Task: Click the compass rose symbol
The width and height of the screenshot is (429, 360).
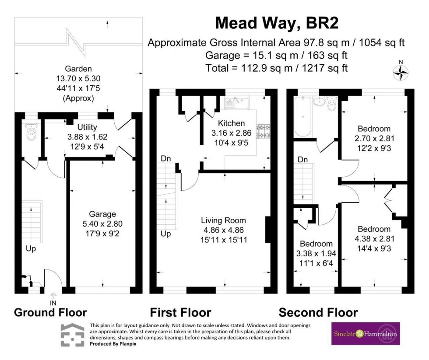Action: pyautogui.click(x=401, y=73)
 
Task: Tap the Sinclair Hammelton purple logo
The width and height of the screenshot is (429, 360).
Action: pyautogui.click(x=366, y=334)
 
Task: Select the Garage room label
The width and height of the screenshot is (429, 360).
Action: pyautogui.click(x=102, y=214)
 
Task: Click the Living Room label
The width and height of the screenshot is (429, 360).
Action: pyautogui.click(x=223, y=220)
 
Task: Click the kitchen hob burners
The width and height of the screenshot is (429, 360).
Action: pyautogui.click(x=264, y=130)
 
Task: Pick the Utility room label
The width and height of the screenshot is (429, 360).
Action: pyautogui.click(x=87, y=127)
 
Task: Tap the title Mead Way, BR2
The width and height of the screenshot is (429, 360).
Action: pyautogui.click(x=277, y=23)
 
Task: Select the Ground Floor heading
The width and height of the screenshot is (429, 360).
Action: pyautogui.click(x=50, y=312)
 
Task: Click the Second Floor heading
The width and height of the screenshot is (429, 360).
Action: pyautogui.click(x=318, y=312)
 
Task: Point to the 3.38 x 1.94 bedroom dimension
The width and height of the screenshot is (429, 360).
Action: pyautogui.click(x=316, y=253)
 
